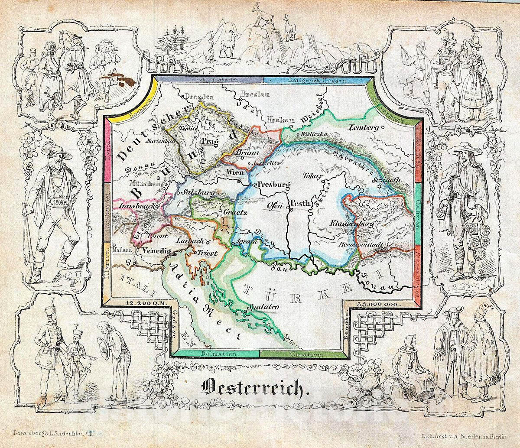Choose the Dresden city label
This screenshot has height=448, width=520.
point(199,97)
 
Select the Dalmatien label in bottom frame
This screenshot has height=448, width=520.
point(215,354)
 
